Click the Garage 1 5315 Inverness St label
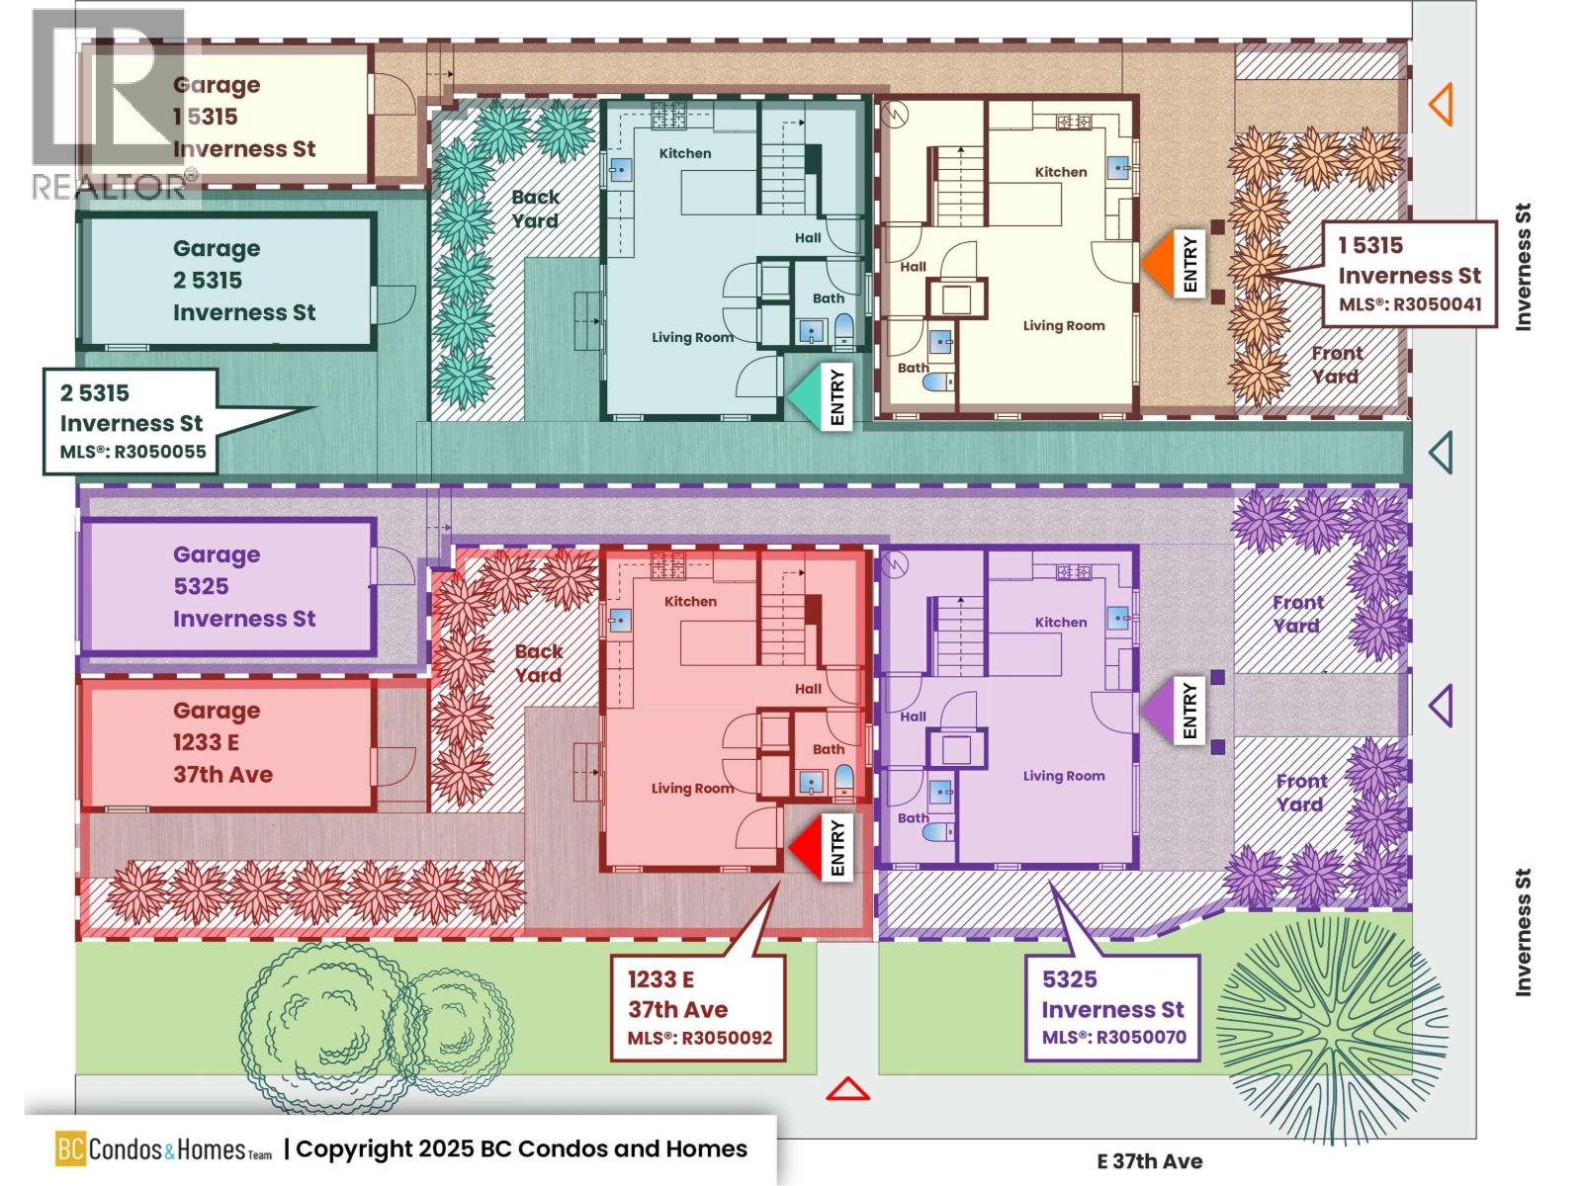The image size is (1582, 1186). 243,117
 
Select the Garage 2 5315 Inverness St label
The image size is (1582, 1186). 243,281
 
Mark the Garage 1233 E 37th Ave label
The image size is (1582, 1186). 222,742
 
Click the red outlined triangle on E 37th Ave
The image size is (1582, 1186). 847,1089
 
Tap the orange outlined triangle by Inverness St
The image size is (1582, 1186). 1441,104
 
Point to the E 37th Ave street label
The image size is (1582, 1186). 1149,1162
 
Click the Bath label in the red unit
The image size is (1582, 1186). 829,749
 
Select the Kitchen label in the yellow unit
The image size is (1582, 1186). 1061,172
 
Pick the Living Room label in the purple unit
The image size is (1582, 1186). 1064,776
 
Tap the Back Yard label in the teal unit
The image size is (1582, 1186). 535,209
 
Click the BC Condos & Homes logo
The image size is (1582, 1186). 163,1149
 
